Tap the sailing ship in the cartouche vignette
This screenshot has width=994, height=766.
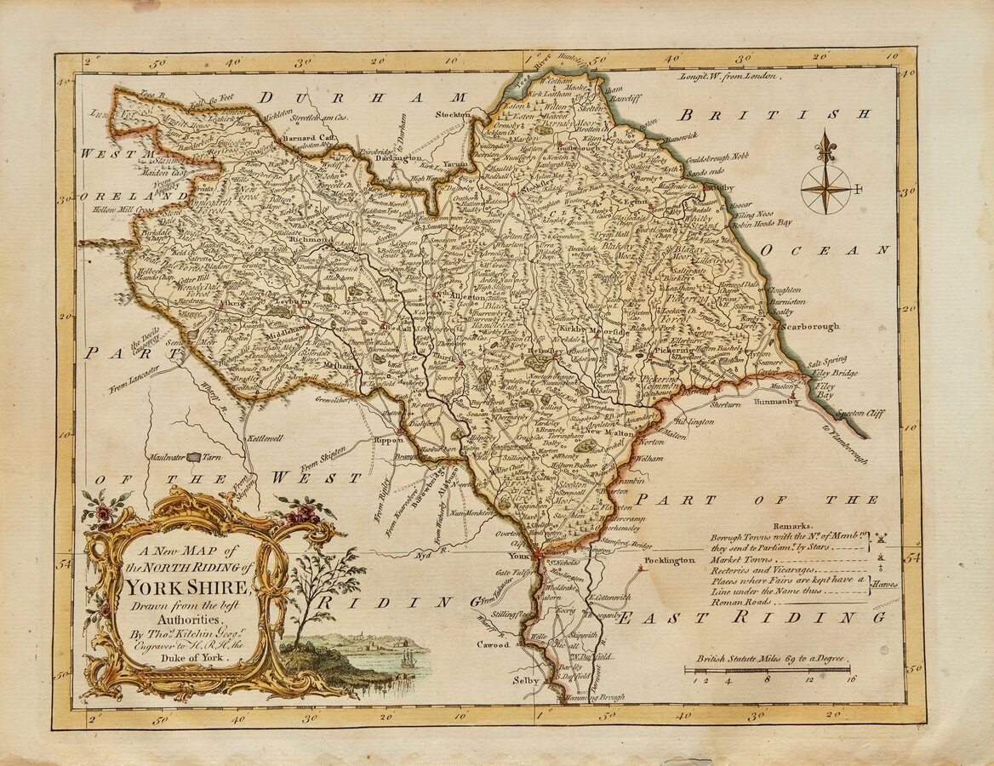pos(407,658)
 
